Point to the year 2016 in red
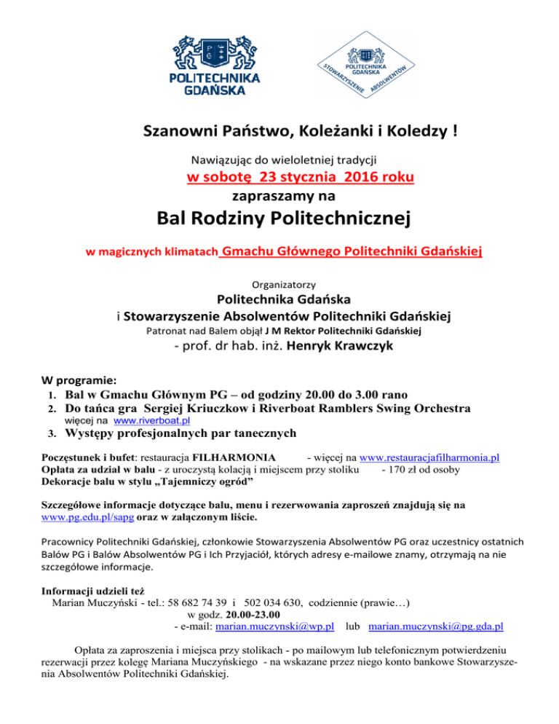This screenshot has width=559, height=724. click(x=346, y=177)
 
